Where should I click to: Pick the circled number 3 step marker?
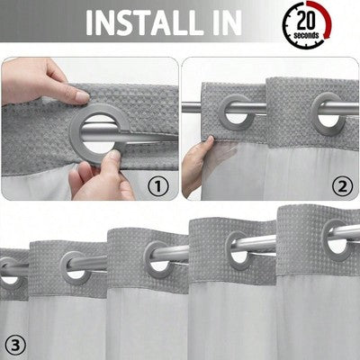click(14, 343)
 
